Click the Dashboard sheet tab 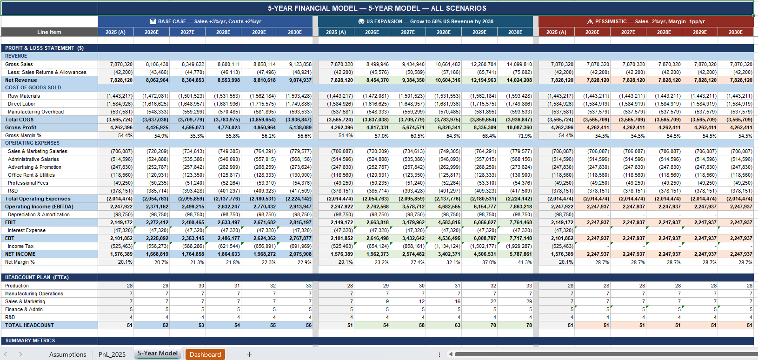point(205,354)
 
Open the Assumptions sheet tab point(68,354)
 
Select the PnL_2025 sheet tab point(112,354)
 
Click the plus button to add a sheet point(249,354)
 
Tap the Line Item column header point(49,32)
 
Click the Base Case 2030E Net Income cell point(295,254)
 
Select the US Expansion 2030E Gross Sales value point(515,64)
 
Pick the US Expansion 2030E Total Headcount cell point(515,325)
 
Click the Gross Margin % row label point(23,135)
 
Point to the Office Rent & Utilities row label point(31,175)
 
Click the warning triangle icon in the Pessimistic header point(590,22)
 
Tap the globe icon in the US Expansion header point(361,22)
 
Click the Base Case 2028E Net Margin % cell point(223,262)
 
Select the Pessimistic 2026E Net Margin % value point(592,262)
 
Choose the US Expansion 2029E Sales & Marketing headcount point(479,301)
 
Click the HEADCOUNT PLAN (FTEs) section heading point(37,278)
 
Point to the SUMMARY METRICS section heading point(30,341)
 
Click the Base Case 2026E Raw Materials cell point(152,96)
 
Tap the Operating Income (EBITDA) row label point(39,207)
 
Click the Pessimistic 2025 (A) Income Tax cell point(557,247)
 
